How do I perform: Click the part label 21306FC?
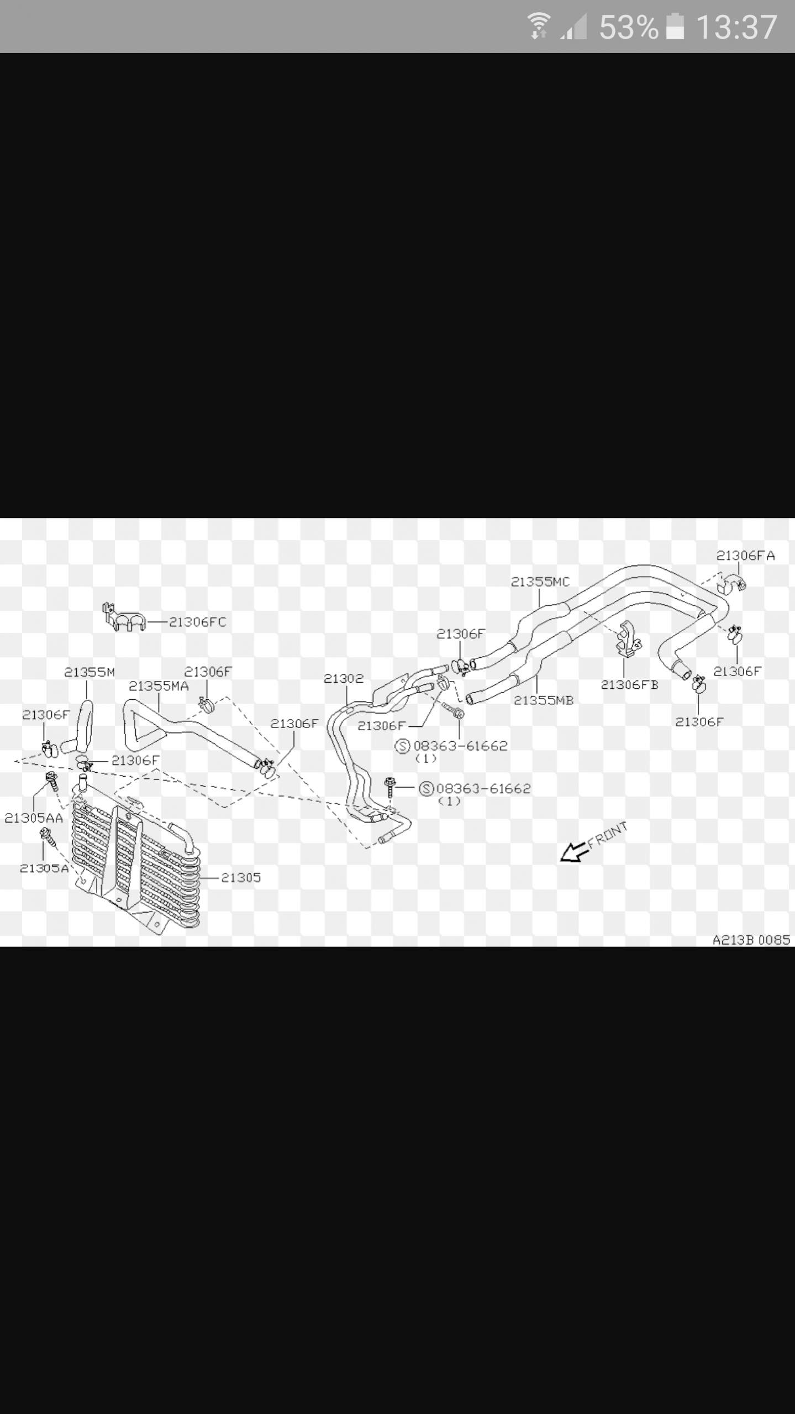[x=197, y=622]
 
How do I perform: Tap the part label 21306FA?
[x=746, y=556]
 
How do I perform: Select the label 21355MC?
[x=540, y=582]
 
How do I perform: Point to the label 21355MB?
[x=544, y=700]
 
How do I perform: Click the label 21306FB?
[x=629, y=685]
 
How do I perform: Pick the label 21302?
[x=344, y=678]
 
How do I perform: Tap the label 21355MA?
[x=159, y=686]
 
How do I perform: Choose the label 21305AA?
[x=34, y=818]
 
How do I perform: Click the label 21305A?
[x=44, y=868]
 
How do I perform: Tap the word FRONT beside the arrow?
[x=608, y=835]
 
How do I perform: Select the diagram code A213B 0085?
[x=751, y=940]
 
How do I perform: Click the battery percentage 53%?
[x=629, y=27]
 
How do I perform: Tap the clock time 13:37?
[x=736, y=27]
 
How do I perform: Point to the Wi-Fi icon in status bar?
[x=539, y=27]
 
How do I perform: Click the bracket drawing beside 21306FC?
[x=123, y=618]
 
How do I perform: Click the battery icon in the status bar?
[x=675, y=27]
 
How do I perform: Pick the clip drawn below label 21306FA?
[x=733, y=585]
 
